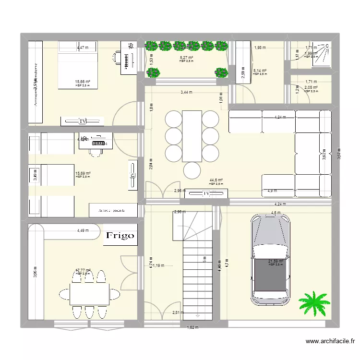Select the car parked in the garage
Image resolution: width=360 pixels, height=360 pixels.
point(270,259)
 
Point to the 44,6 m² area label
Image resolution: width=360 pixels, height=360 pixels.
point(216,180)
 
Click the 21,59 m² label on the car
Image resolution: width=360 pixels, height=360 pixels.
point(276,262)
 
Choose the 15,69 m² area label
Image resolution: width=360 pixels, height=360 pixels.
point(83,174)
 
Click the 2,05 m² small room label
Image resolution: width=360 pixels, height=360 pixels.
point(311,88)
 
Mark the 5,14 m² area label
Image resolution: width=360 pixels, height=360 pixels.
point(260,71)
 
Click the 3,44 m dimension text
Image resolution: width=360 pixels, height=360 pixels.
point(188,92)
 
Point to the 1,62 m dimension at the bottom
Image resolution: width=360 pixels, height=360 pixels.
point(192,327)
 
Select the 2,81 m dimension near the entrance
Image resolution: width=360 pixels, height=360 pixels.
point(178,313)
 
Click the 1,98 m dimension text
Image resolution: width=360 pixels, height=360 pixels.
point(260,48)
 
